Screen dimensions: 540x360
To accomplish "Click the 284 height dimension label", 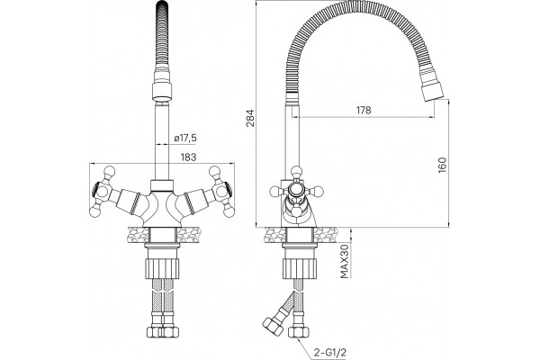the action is click(x=251, y=118).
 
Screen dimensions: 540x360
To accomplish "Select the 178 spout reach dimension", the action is click(x=364, y=110).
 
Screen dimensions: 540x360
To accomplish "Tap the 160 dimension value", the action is click(x=443, y=165).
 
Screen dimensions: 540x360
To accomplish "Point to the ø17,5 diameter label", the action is click(x=185, y=138).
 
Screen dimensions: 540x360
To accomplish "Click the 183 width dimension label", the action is click(x=188, y=157).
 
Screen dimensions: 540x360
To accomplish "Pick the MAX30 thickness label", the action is click(x=345, y=261).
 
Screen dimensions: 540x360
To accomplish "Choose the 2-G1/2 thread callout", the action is click(x=330, y=352).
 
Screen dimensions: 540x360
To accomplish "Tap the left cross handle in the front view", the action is click(x=104, y=192).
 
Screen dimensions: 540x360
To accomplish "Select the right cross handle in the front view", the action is click(x=221, y=192).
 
